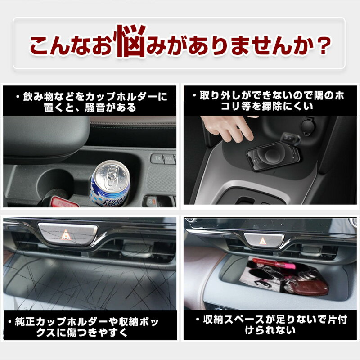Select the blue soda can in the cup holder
(110, 183)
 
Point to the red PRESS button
(64, 202)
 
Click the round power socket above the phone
(308, 126)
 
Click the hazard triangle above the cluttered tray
(262, 241)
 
